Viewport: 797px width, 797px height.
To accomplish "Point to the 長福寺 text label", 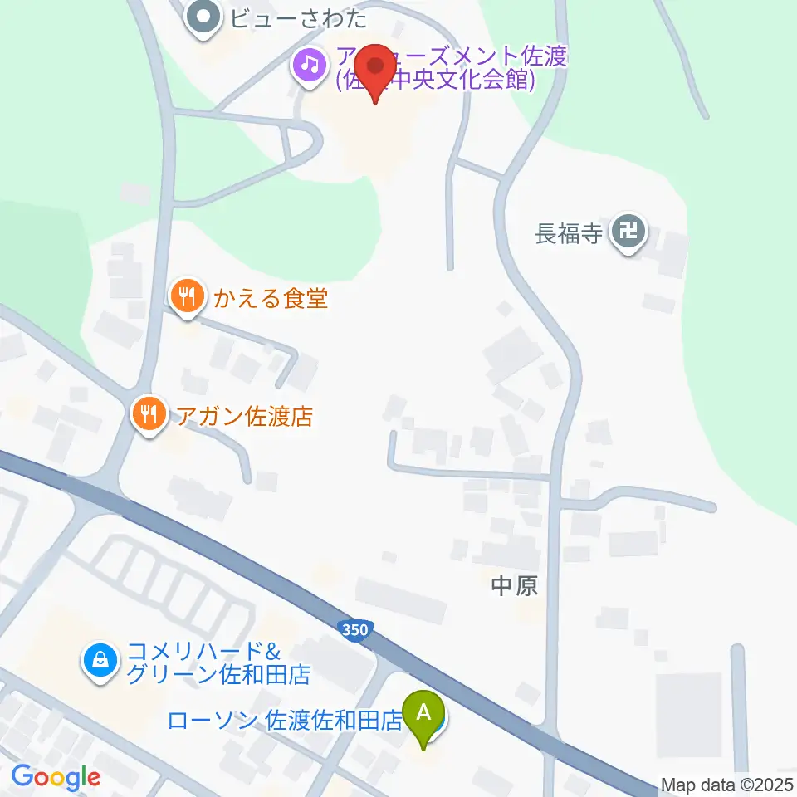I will pos(568,233).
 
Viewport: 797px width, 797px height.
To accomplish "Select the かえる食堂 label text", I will pos(271,298).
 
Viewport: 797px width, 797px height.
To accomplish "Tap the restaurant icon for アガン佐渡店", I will pos(149,414).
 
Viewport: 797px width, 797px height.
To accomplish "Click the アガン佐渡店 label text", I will pos(244,416).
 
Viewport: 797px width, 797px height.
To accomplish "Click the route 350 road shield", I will pos(354,630).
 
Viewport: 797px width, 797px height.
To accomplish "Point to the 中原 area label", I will pos(515,586).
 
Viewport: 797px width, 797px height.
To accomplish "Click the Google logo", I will pos(56,777).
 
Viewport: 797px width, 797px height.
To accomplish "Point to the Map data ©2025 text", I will pos(726,785).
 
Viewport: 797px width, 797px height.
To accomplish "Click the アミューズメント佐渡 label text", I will pos(452,58).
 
